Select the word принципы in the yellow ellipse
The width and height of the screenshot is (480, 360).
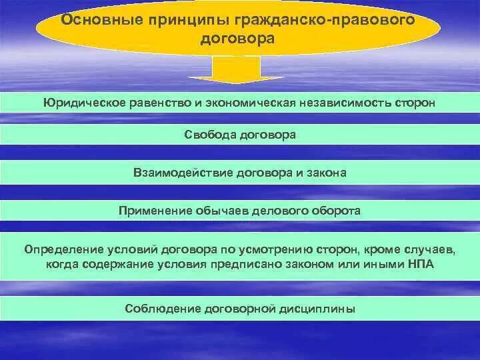click(168, 19)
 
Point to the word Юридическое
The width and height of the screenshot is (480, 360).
click(81, 104)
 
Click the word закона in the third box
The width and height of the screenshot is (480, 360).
click(327, 173)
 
